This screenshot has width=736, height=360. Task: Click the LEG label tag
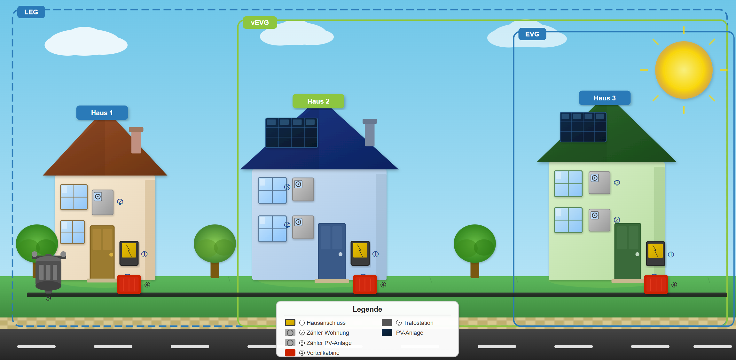[31, 12]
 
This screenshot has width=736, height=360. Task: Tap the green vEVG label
[260, 23]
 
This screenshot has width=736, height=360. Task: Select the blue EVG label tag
[532, 34]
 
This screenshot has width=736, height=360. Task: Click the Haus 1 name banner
[102, 113]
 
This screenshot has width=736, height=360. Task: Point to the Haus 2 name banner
[318, 101]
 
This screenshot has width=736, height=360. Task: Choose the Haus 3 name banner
[604, 98]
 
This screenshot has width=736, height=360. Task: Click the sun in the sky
[684, 70]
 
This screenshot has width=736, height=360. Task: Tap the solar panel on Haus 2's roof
[291, 133]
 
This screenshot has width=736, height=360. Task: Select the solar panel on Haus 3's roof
[583, 127]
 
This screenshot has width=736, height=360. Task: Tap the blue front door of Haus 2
[332, 251]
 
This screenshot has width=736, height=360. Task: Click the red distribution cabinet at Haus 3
[656, 284]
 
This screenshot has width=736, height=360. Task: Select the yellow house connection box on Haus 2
[360, 253]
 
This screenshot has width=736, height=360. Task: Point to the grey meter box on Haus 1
[103, 202]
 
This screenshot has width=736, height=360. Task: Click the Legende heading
[367, 309]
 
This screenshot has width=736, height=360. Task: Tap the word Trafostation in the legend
[418, 323]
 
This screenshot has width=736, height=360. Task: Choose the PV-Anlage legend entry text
[410, 333]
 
